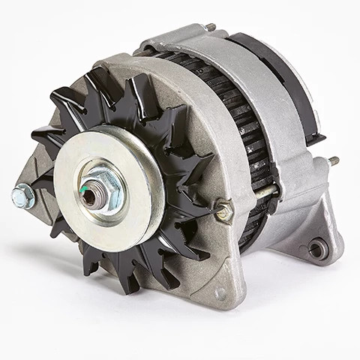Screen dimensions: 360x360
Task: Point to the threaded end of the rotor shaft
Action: (x=89, y=197)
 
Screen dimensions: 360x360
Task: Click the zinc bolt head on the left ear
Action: (x=22, y=196)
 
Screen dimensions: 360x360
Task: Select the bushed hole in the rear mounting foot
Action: (x=317, y=247)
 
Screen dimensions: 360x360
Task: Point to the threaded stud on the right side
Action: (x=333, y=160)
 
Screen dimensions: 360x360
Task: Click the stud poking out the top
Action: (x=212, y=27)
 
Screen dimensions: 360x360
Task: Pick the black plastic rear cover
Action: (x=277, y=71)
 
